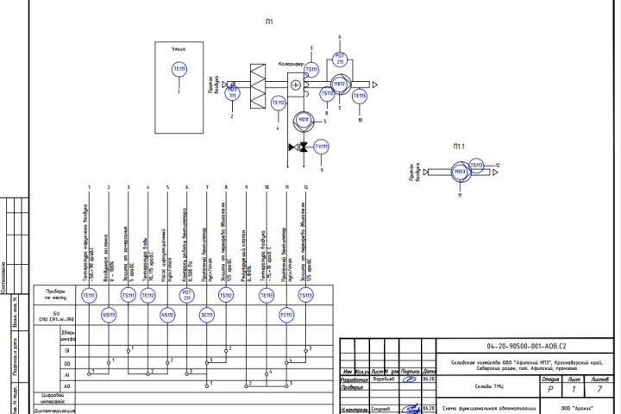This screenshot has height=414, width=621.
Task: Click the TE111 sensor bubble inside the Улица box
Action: (179, 68)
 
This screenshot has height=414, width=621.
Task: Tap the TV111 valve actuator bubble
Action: (322, 147)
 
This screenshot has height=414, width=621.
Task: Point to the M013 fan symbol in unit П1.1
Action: (461, 172)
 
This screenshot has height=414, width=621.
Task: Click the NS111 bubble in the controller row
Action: (109, 314)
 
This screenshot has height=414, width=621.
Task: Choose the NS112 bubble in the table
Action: (167, 314)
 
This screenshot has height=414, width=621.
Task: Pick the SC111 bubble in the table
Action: (207, 314)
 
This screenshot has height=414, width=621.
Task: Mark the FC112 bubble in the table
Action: (287, 314)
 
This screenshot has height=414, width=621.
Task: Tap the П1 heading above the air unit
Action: (270, 22)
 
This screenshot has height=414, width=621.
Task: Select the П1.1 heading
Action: (459, 147)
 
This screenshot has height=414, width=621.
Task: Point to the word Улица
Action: (179, 49)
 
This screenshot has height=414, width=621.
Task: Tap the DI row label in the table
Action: (66, 351)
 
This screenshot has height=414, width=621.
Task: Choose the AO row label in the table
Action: (66, 386)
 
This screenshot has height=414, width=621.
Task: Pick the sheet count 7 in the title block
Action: (599, 389)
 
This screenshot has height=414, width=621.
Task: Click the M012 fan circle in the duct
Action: (339, 85)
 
